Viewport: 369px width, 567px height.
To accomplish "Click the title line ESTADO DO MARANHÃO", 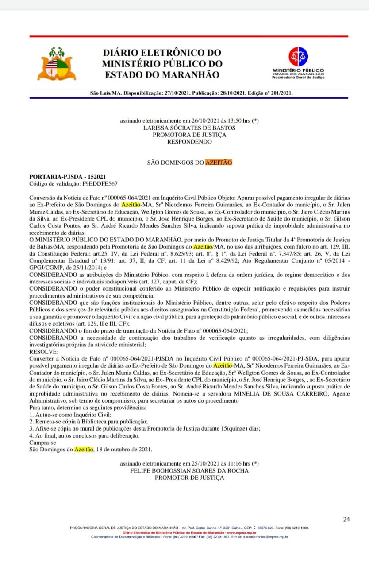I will click(x=162, y=75).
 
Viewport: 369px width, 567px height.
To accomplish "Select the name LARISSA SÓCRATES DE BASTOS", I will click(x=189, y=128).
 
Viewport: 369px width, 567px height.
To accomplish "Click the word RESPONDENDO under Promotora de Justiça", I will click(x=189, y=142).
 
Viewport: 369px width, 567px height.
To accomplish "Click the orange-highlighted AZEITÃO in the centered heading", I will click(x=219, y=163).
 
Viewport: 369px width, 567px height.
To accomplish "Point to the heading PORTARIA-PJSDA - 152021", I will click(x=67, y=176).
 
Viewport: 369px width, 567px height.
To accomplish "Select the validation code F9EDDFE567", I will click(x=98, y=183).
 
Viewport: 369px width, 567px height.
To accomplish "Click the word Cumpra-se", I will click(x=42, y=443).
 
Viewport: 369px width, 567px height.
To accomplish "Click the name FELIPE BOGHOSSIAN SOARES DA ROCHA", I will click(x=189, y=470).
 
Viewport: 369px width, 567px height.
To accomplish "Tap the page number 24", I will click(x=346, y=519).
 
